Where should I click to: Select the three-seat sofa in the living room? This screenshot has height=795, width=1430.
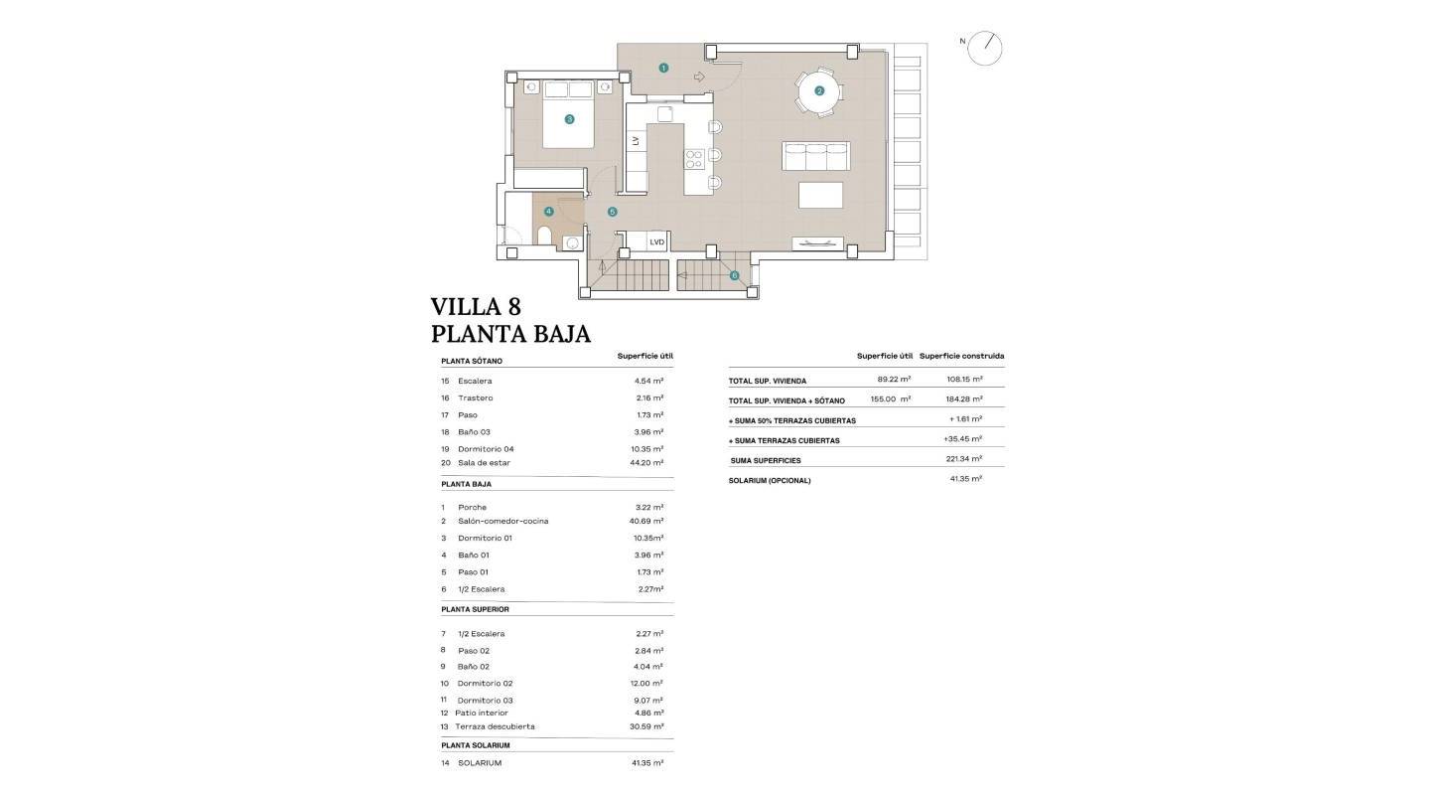[816, 156]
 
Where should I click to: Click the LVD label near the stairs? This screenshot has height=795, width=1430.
[656, 241]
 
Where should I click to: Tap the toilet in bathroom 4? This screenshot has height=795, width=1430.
[543, 235]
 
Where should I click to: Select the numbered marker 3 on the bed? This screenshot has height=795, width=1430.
[569, 119]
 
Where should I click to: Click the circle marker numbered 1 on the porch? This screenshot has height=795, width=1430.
[663, 68]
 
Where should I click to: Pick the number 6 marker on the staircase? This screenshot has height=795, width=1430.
[734, 275]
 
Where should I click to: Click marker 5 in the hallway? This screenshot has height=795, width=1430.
[612, 212]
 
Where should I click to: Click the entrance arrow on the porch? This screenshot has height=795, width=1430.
[698, 77]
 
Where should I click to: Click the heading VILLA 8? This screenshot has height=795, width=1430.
[476, 306]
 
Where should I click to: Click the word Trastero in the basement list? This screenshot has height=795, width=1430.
[475, 397]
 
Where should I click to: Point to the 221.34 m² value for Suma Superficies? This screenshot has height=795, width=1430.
[963, 459]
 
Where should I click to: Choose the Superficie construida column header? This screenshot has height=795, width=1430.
[961, 356]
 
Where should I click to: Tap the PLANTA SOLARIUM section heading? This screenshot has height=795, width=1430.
[476, 745]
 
